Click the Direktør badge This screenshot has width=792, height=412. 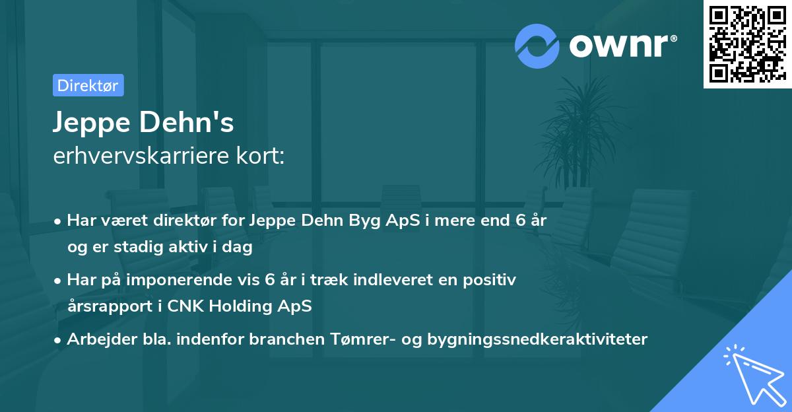point(88,85)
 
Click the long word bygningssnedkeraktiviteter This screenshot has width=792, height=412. point(538,339)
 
